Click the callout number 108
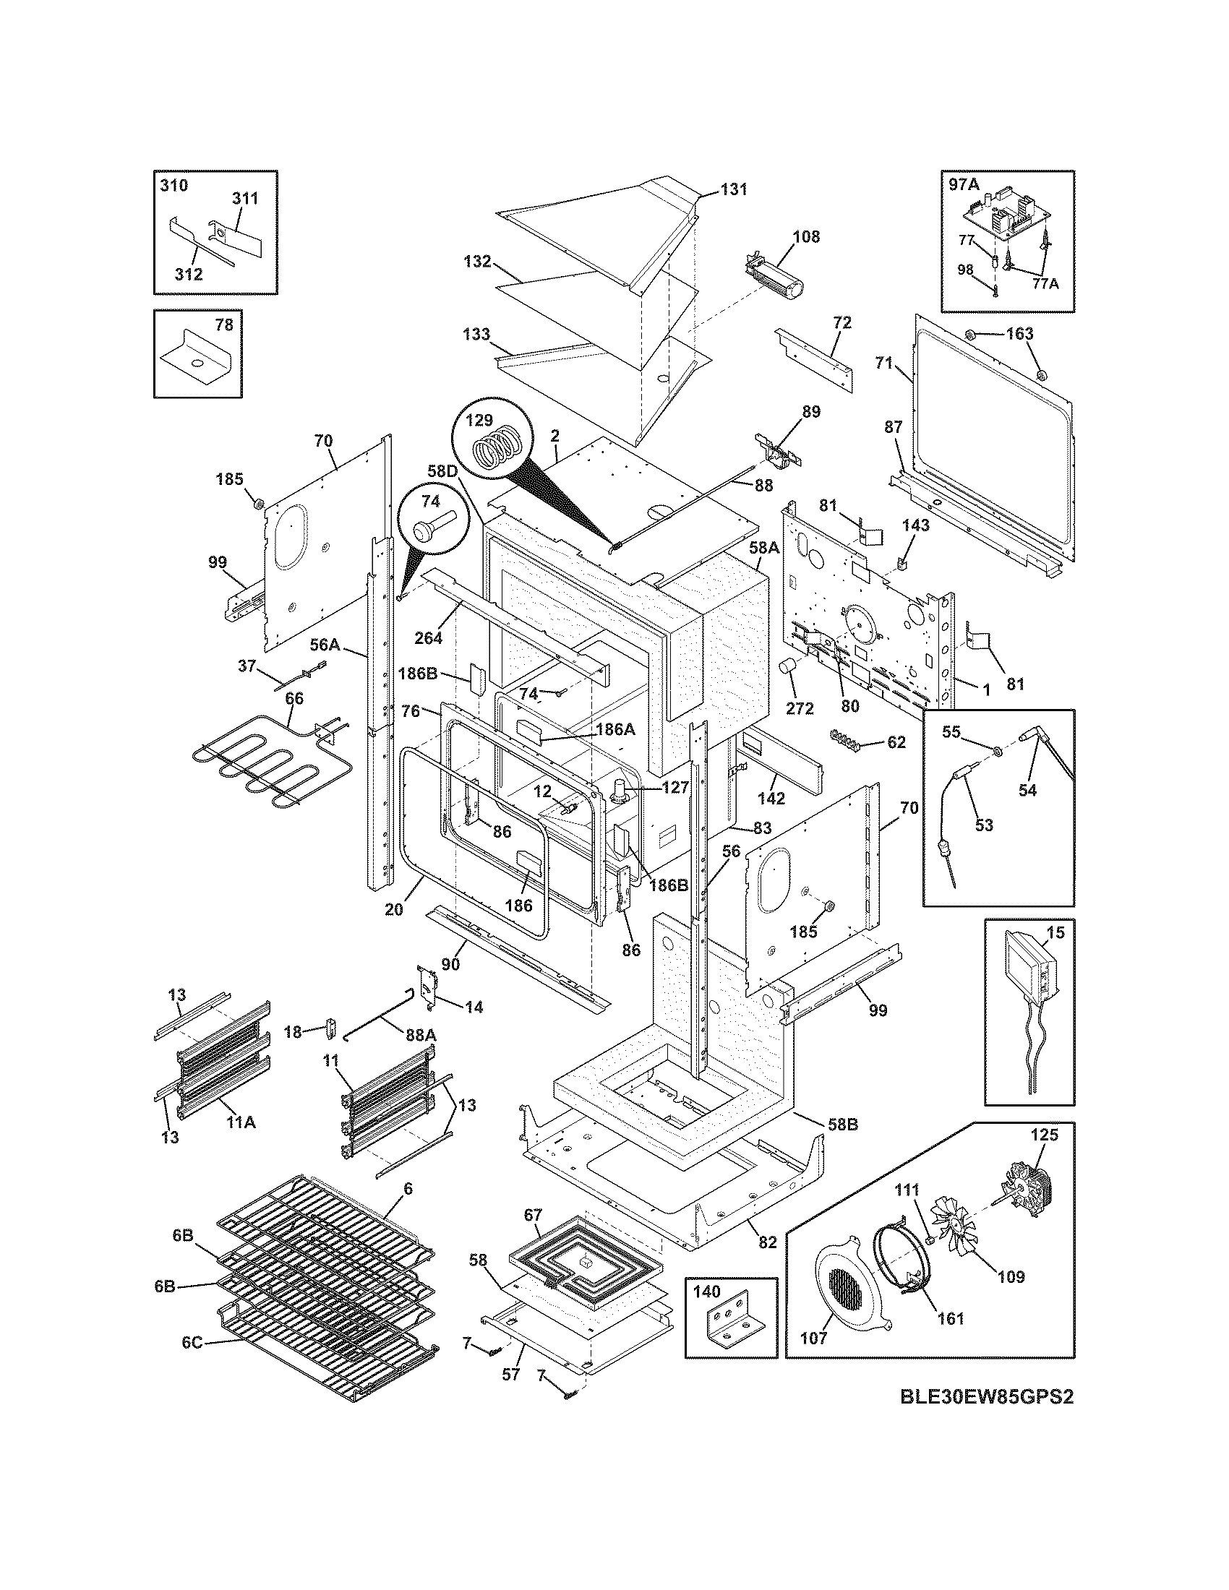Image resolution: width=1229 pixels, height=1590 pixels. pyautogui.click(x=806, y=236)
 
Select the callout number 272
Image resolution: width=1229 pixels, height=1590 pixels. pyautogui.click(x=800, y=708)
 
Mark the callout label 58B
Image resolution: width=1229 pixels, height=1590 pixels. pyautogui.click(x=842, y=1125)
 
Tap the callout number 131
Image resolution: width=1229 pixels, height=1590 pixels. pyautogui.click(x=734, y=189)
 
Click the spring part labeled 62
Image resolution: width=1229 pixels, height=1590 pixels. pyautogui.click(x=849, y=741)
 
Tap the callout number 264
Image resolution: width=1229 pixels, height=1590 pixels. pyautogui.click(x=429, y=638)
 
